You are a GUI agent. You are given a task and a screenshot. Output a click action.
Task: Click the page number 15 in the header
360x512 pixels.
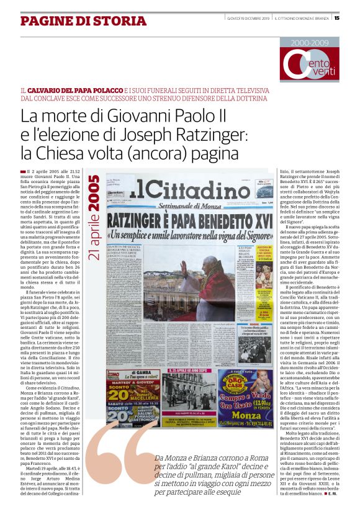tap(336, 17)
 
